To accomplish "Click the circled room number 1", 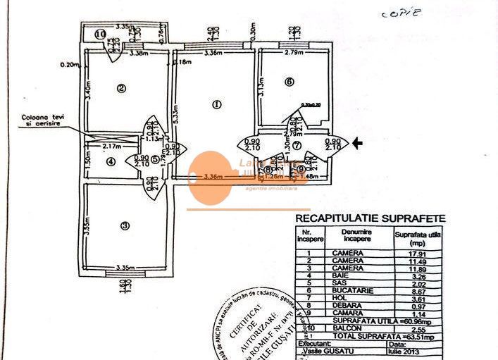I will click(216, 105).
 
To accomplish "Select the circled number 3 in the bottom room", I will click(125, 226).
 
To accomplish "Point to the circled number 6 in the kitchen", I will click(289, 82).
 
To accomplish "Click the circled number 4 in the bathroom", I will click(111, 161).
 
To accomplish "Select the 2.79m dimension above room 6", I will click(294, 52).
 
